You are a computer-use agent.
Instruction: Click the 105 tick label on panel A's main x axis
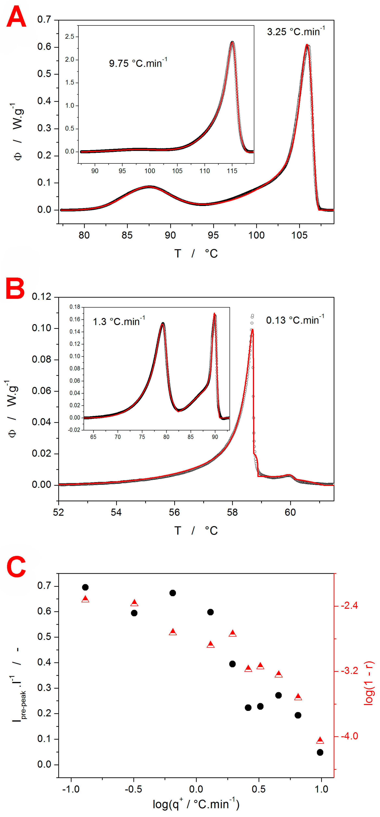click(299, 235)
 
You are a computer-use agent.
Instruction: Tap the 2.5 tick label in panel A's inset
click(69, 36)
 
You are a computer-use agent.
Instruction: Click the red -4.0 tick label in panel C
click(350, 736)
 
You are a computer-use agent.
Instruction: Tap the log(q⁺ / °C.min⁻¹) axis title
click(196, 804)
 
